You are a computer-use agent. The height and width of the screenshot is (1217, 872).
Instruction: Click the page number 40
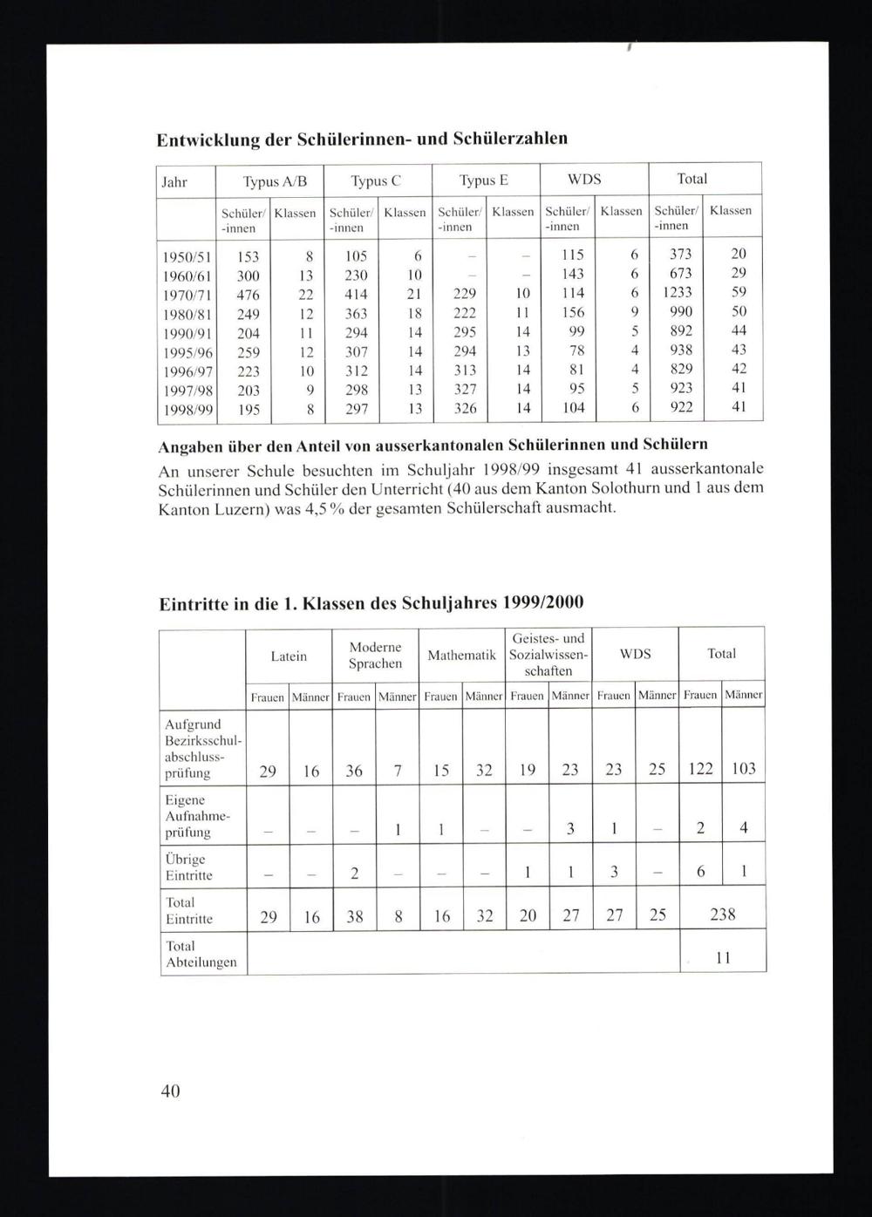(x=170, y=1091)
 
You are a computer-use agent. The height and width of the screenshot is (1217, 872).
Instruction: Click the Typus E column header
(x=484, y=180)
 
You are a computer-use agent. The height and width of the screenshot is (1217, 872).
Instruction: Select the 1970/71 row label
(x=187, y=295)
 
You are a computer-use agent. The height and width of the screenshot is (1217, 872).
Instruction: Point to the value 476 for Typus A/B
(x=249, y=295)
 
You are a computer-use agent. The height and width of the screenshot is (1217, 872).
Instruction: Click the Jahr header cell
(x=174, y=181)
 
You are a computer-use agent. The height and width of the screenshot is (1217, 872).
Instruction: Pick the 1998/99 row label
(x=187, y=409)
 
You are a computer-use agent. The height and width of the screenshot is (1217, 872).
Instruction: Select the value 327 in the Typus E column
(x=465, y=389)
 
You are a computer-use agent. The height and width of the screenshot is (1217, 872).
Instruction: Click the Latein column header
(x=289, y=656)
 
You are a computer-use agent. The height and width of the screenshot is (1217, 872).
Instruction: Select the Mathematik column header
(x=461, y=656)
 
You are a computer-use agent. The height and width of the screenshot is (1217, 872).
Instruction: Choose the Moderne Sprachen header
(x=375, y=656)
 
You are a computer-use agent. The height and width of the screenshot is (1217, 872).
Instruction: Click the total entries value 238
(x=722, y=914)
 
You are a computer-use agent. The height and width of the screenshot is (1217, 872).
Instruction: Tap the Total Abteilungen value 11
(x=723, y=957)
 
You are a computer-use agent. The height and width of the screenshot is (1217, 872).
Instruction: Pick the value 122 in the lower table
(x=700, y=769)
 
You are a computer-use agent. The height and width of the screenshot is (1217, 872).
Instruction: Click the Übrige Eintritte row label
(x=189, y=867)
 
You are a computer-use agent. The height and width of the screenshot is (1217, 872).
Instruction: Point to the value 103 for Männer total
(x=743, y=769)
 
